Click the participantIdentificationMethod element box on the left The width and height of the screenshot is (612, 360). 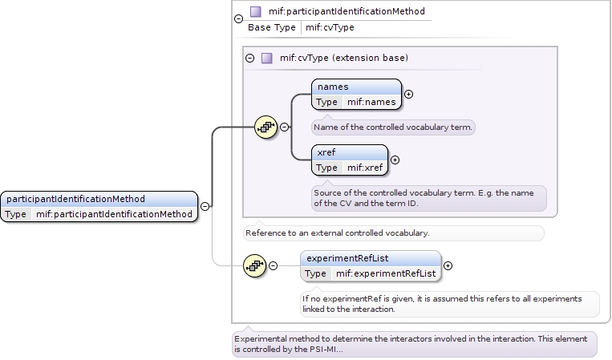[99, 206]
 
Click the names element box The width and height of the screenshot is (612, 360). [356, 94]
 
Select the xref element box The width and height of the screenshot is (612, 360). [349, 160]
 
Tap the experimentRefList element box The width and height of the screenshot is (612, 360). [371, 265]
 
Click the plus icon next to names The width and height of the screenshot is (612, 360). [409, 94]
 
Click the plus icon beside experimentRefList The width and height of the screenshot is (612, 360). [448, 265]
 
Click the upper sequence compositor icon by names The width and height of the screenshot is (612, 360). [266, 127]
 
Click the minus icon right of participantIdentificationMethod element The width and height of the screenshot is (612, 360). [205, 206]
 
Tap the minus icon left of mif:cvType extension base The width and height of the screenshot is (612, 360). [249, 58]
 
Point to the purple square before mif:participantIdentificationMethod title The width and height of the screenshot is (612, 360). [256, 12]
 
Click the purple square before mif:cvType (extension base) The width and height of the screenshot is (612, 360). [267, 58]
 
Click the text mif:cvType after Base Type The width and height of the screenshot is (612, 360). [330, 27]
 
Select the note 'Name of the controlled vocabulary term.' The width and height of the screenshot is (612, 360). [394, 127]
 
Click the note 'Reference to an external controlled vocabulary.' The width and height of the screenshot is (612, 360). [393, 233]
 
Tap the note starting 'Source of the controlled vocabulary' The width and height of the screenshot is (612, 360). [429, 198]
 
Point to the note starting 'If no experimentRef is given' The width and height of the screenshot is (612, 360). [449, 303]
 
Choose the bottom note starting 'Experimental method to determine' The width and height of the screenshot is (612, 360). [415, 344]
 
